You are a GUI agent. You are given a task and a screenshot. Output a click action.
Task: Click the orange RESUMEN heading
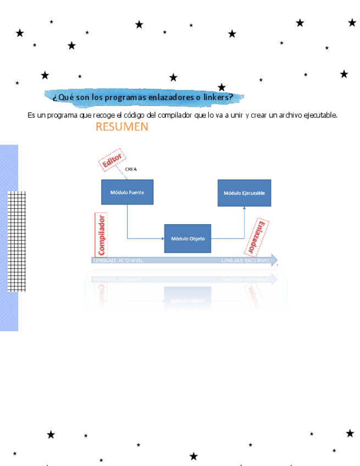pyautogui.click(x=121, y=127)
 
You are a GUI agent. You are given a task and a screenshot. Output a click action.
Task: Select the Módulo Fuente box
pyautogui.click(x=127, y=192)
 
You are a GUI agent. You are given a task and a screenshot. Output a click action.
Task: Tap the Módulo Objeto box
pyautogui.click(x=187, y=238)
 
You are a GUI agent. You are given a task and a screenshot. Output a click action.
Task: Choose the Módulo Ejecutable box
pyautogui.click(x=244, y=193)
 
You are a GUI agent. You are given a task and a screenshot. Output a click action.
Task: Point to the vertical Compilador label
pyautogui.click(x=101, y=235)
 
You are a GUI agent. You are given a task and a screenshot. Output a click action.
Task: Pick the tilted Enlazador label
pyautogui.click(x=256, y=237)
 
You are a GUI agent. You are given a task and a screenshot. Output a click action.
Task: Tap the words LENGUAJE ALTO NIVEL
pyautogui.click(x=118, y=260)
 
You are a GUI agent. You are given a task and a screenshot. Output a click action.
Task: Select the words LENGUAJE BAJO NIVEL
pyautogui.click(x=245, y=260)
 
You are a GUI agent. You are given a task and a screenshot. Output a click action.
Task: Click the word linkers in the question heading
pyautogui.click(x=218, y=97)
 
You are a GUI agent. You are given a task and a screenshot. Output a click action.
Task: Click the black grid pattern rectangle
pyautogui.click(x=16, y=241)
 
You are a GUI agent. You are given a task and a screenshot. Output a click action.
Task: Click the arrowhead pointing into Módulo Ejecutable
pyautogui.click(x=245, y=209)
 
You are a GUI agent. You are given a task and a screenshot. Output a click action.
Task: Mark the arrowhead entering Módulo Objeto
pyautogui.click(x=162, y=238)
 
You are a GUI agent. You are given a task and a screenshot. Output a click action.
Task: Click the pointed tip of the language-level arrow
pyautogui.click(x=277, y=260)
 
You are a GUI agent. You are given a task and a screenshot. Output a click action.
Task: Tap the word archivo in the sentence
pyautogui.click(x=282, y=115)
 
